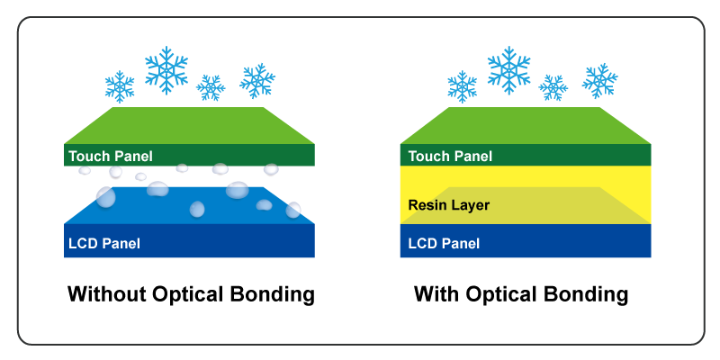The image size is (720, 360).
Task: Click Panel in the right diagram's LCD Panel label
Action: coord(462,243)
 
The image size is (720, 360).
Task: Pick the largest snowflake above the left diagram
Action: coord(166,69)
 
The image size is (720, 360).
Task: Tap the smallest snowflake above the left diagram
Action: coord(211,87)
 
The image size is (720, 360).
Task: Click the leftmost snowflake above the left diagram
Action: coord(120,86)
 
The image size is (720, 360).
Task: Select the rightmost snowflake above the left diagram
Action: coord(257,80)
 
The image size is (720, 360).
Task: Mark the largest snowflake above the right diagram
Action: coord(508,69)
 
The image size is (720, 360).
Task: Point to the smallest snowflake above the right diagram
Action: coord(553,87)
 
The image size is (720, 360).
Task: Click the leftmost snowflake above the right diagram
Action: coord(462,86)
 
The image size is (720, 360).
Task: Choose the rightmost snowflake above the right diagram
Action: coord(599,80)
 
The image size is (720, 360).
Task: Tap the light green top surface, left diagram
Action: coord(189,125)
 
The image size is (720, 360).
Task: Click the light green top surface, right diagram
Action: coord(525,125)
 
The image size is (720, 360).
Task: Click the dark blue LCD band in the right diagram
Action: coord(576,241)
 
